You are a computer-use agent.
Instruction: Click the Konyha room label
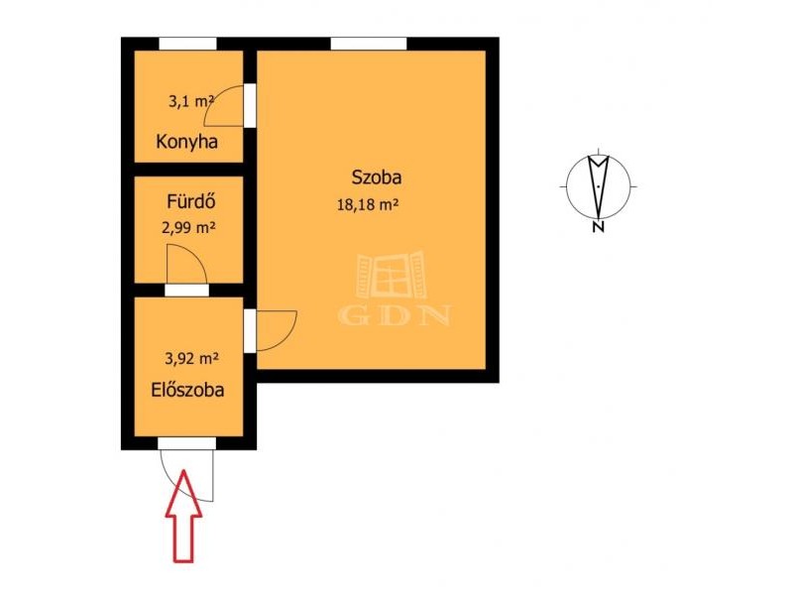click(x=187, y=141)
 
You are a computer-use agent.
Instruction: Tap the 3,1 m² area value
click(x=191, y=102)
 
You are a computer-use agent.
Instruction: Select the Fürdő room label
click(x=191, y=202)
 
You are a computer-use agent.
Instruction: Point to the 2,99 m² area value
click(x=188, y=228)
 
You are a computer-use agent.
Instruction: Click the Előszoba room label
click(x=187, y=390)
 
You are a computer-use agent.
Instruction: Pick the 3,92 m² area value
click(x=191, y=359)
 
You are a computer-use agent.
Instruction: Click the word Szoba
click(x=377, y=178)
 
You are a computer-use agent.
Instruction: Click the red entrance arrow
click(x=184, y=516)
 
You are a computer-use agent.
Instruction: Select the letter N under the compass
click(x=599, y=227)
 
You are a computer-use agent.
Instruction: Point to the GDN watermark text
click(x=394, y=314)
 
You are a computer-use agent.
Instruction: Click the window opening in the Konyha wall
click(x=187, y=44)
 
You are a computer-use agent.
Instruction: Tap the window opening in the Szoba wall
click(x=369, y=44)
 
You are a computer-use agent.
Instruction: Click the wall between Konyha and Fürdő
click(x=188, y=170)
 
